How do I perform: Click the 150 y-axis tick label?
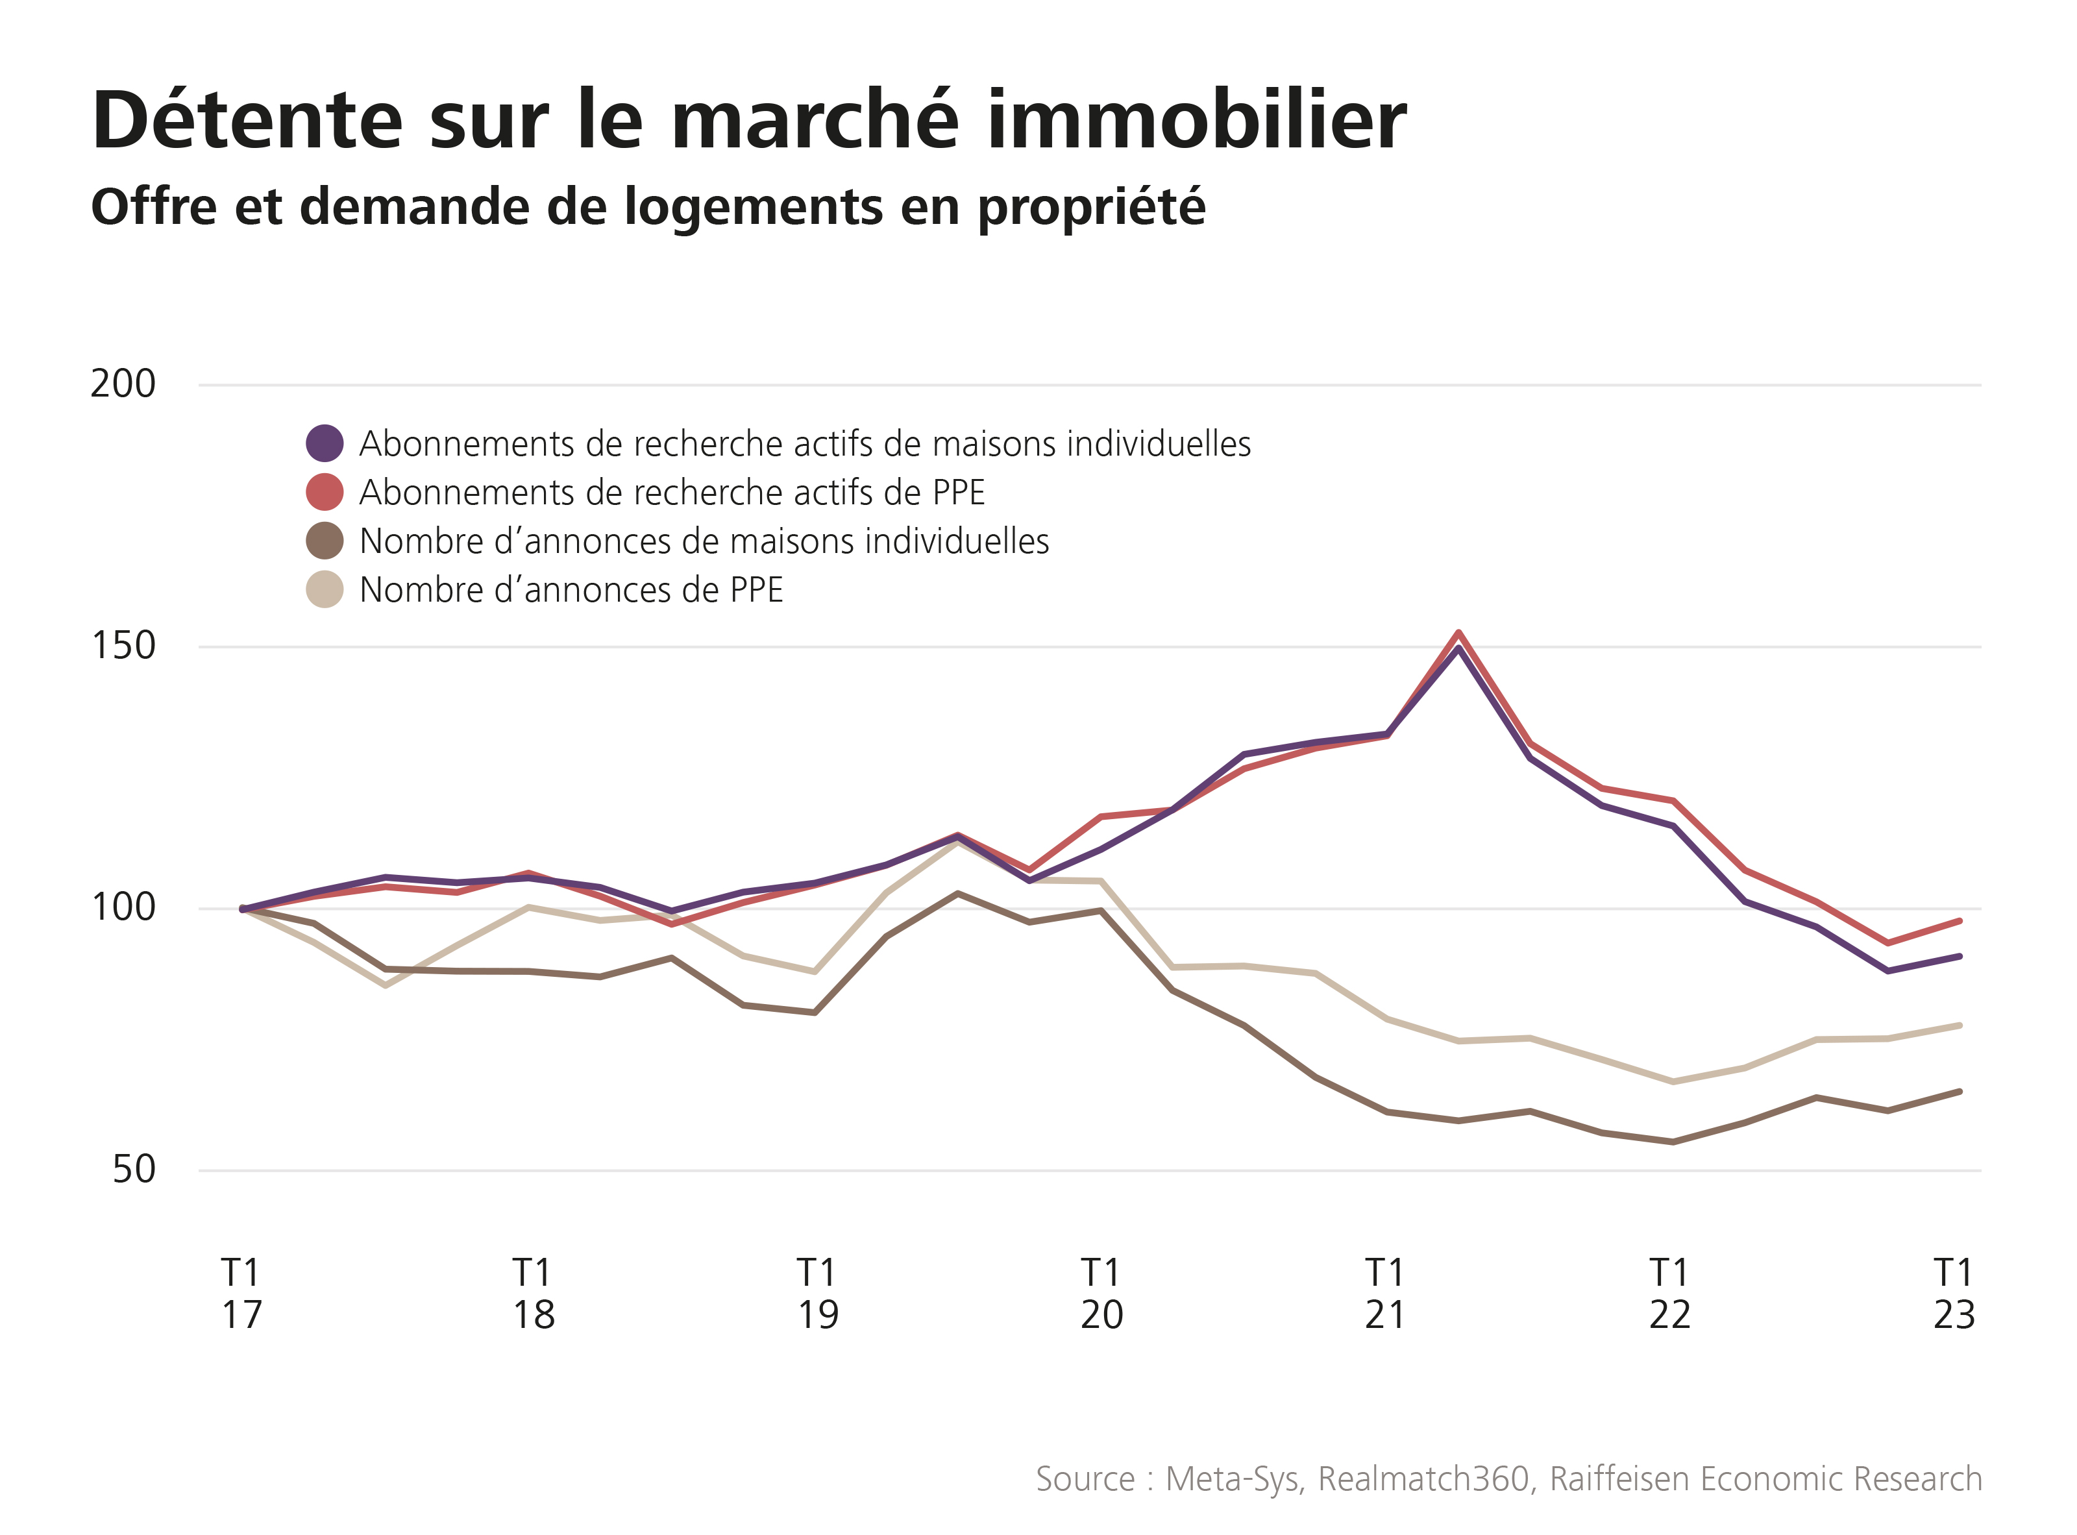pos(123,646)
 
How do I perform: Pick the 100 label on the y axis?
pos(123,909)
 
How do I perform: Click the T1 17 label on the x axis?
pos(241,1294)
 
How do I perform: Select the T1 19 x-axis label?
pos(817,1294)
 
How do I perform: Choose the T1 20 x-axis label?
pos(1101,1294)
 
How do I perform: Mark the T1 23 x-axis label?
pos(1954,1294)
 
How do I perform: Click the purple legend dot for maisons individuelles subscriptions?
pos(325,443)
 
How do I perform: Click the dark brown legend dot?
pos(325,541)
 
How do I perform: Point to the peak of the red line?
pos(1459,633)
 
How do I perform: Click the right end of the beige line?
pos(1959,1025)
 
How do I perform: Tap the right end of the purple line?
pos(1959,956)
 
